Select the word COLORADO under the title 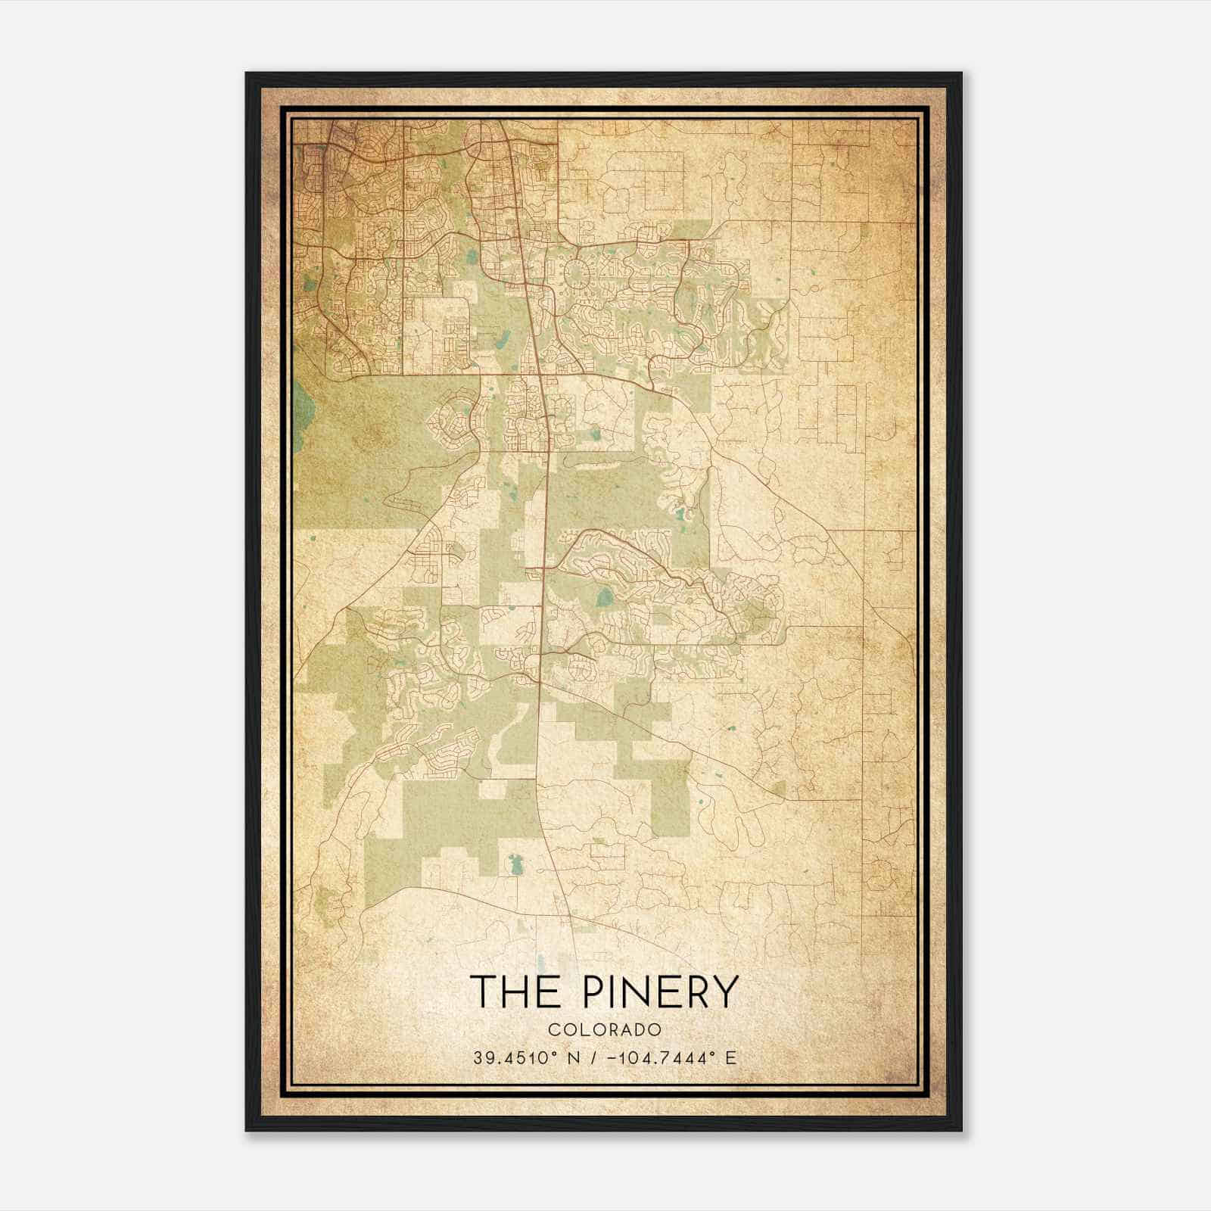[605, 1030]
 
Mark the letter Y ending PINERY [724, 992]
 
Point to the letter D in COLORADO [640, 1030]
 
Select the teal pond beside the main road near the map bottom [517, 863]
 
